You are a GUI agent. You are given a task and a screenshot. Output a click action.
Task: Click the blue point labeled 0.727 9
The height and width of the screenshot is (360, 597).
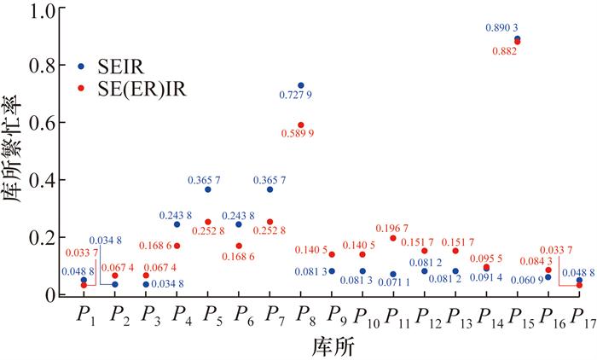301,85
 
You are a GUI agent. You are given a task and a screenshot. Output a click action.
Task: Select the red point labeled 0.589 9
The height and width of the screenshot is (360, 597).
301,125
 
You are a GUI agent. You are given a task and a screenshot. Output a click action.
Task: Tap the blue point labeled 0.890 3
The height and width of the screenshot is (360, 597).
517,38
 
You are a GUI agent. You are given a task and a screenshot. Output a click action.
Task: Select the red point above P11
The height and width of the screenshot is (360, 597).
393,239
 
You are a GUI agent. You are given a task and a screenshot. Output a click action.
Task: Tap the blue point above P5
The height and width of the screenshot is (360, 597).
207,189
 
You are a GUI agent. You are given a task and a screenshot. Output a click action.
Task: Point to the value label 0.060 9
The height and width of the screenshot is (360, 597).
525,280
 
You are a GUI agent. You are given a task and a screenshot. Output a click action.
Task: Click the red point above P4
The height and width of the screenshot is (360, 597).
177,246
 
